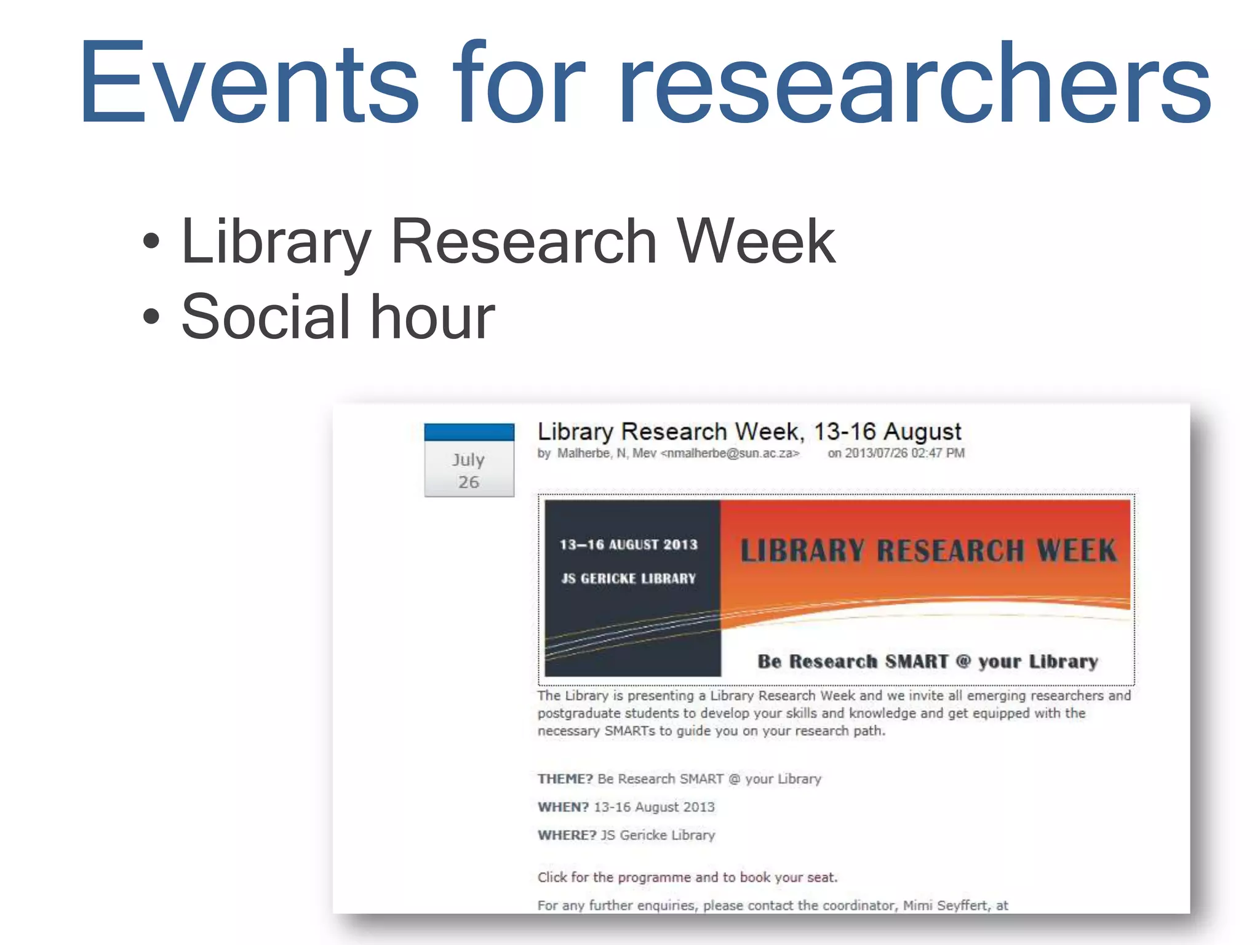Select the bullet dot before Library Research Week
click(x=151, y=241)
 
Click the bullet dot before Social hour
click(x=151, y=317)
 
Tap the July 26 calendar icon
click(x=469, y=460)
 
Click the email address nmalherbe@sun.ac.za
click(x=730, y=453)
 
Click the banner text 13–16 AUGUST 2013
click(x=628, y=545)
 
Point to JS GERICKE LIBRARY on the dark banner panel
click(x=628, y=579)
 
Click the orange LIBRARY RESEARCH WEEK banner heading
click(x=928, y=551)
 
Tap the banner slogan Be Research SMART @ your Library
click(x=928, y=662)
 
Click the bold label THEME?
click(x=565, y=779)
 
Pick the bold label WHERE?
click(x=567, y=835)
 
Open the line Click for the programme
click(x=687, y=877)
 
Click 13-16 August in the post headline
click(x=887, y=432)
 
